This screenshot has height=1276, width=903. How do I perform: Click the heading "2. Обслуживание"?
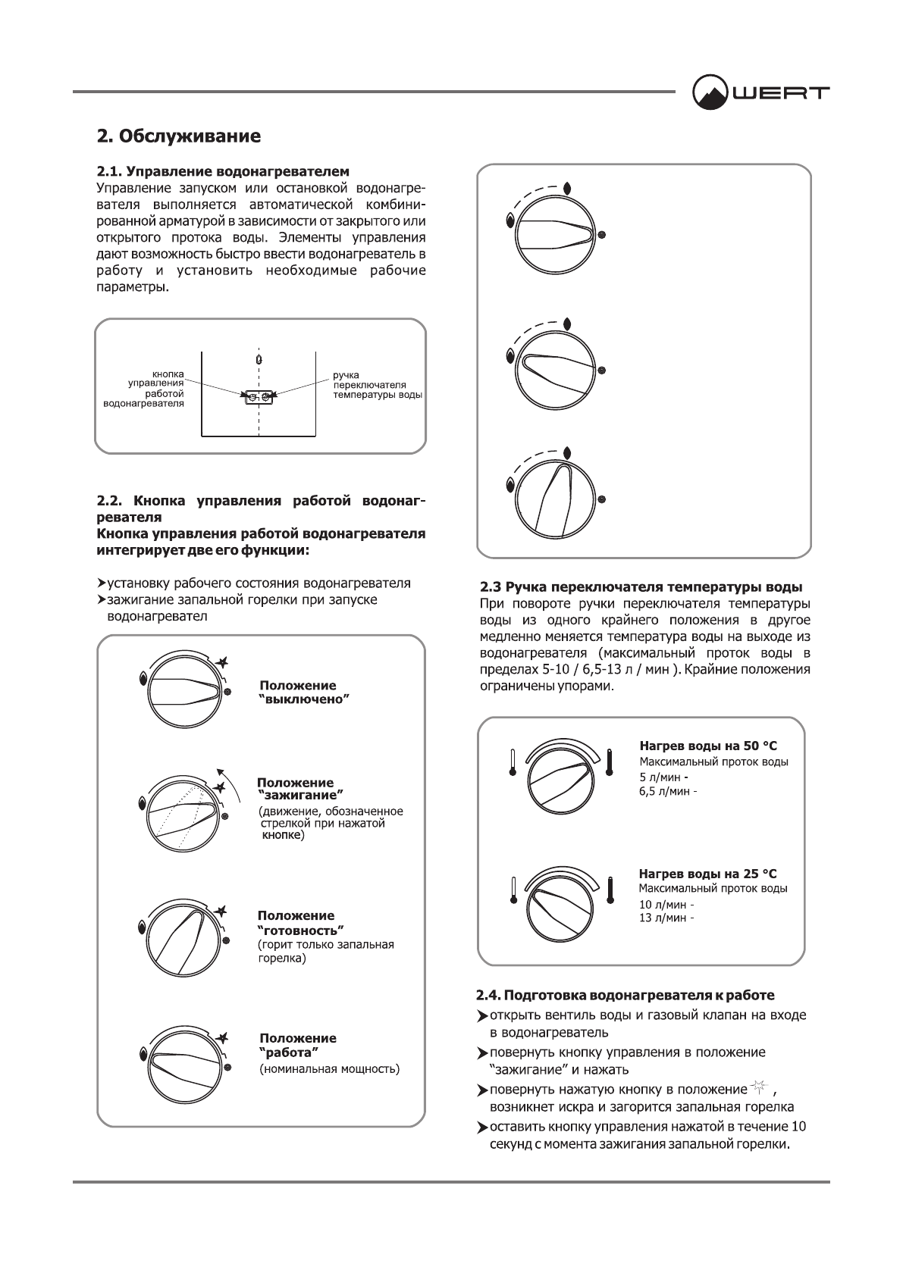point(179,136)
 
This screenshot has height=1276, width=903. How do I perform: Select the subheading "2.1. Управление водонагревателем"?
point(223,172)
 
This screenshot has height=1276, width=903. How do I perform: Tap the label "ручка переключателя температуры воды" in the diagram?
point(377,385)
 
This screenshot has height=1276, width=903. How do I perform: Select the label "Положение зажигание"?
point(299,788)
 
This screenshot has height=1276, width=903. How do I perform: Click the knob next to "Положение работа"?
point(184,1063)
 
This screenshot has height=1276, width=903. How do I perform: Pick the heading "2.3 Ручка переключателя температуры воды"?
point(642,587)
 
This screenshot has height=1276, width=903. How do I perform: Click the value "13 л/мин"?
point(664,918)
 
